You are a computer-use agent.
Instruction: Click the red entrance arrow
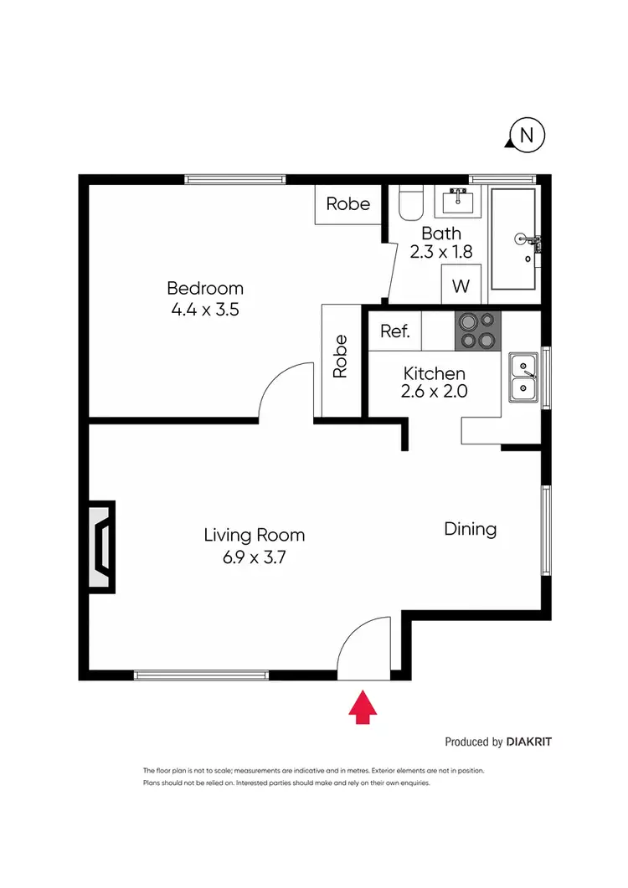coord(363,706)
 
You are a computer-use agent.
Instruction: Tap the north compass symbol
coord(527,135)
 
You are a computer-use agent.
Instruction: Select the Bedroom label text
coord(205,289)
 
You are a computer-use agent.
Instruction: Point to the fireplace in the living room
coord(100,547)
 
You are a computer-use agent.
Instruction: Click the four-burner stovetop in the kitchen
coord(477,331)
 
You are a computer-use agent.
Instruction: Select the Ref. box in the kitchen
coord(395,331)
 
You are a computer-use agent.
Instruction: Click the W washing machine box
coord(461,286)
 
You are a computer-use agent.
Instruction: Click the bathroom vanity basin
coord(458,202)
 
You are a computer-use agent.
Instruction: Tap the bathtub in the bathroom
coord(514,239)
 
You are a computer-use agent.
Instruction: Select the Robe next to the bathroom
coord(347,203)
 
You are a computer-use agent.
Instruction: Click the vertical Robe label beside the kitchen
coord(340,357)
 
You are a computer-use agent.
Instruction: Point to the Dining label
coord(470,529)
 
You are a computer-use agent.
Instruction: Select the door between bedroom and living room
coord(286,393)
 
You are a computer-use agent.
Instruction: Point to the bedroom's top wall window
coord(235,178)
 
